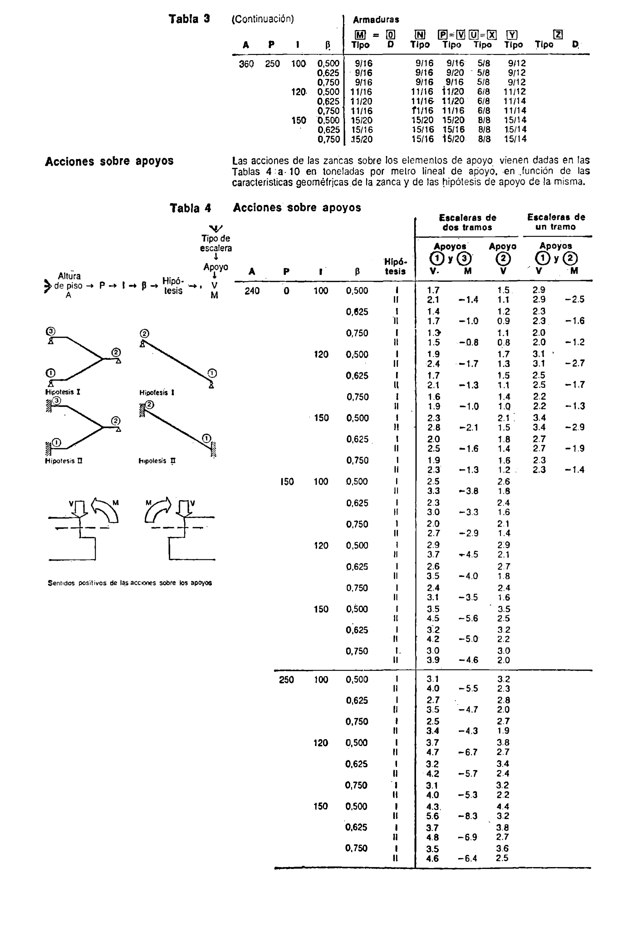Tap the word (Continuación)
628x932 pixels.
tap(263, 19)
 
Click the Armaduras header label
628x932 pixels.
tap(376, 20)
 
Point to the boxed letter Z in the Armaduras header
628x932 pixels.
tap(558, 35)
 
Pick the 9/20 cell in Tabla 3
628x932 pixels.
tap(455, 73)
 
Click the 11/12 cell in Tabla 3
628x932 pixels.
tap(515, 92)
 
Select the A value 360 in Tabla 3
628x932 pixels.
tap(246, 64)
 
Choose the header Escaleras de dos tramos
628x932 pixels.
tap(467, 222)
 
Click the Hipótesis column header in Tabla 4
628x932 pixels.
tap(395, 266)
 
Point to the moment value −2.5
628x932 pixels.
tap(574, 299)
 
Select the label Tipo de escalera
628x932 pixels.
tap(216, 243)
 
